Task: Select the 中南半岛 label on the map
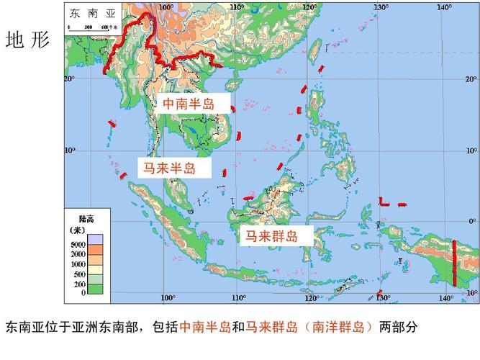[x=189, y=104]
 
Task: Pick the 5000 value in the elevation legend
[x=78, y=246]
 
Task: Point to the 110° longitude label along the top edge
[x=237, y=7]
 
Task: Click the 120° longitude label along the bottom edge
[x=312, y=298]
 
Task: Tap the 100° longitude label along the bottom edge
[x=168, y=298]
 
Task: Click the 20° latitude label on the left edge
[x=70, y=78]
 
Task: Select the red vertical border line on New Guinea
[x=454, y=262]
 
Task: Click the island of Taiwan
[x=314, y=50]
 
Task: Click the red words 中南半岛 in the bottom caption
[x=204, y=328]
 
